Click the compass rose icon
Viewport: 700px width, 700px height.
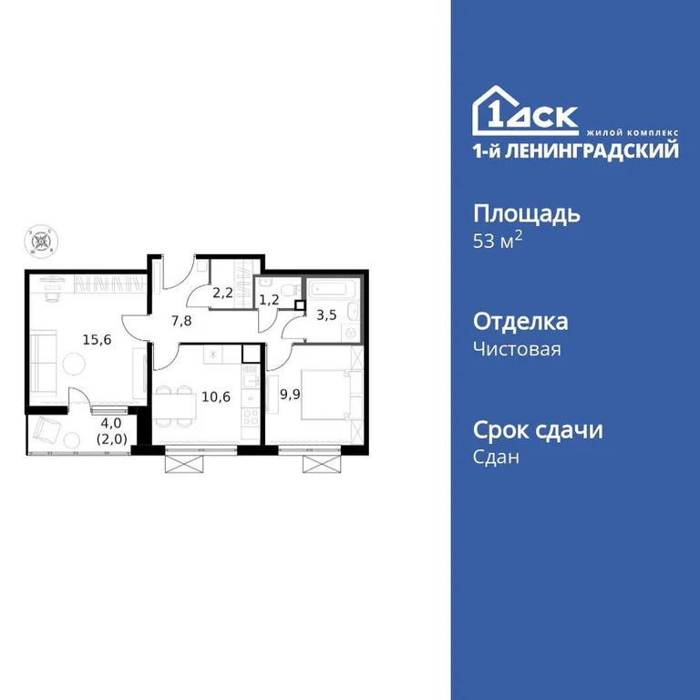[41, 242]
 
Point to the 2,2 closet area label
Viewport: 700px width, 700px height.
[222, 293]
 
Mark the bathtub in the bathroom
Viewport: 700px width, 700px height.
[332, 290]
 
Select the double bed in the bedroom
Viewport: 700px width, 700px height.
[327, 395]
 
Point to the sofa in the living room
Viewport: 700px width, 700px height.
[42, 359]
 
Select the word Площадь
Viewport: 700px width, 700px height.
[527, 215]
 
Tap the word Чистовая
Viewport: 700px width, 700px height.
[517, 348]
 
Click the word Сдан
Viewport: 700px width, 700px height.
[497, 458]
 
